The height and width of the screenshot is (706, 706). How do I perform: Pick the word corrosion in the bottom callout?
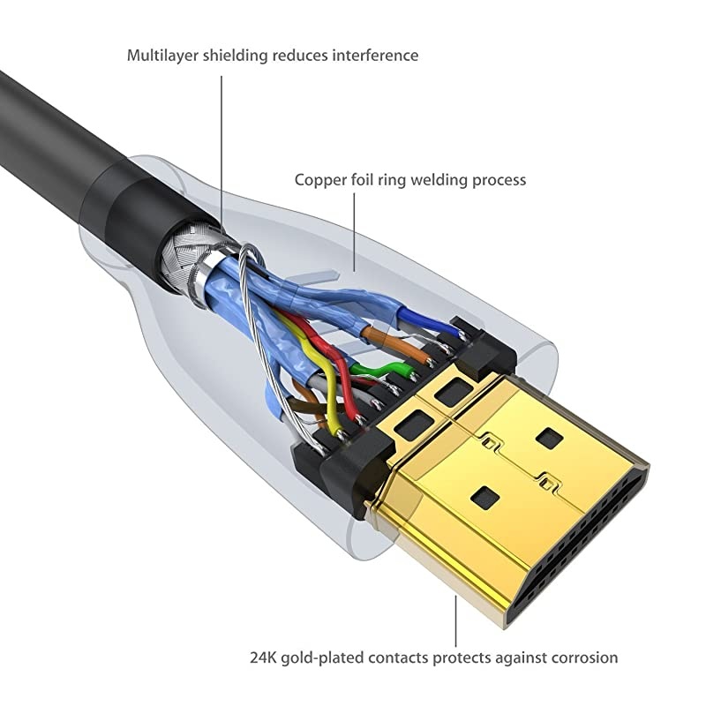(x=582, y=657)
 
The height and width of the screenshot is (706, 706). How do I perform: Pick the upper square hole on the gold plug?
(x=550, y=438)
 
